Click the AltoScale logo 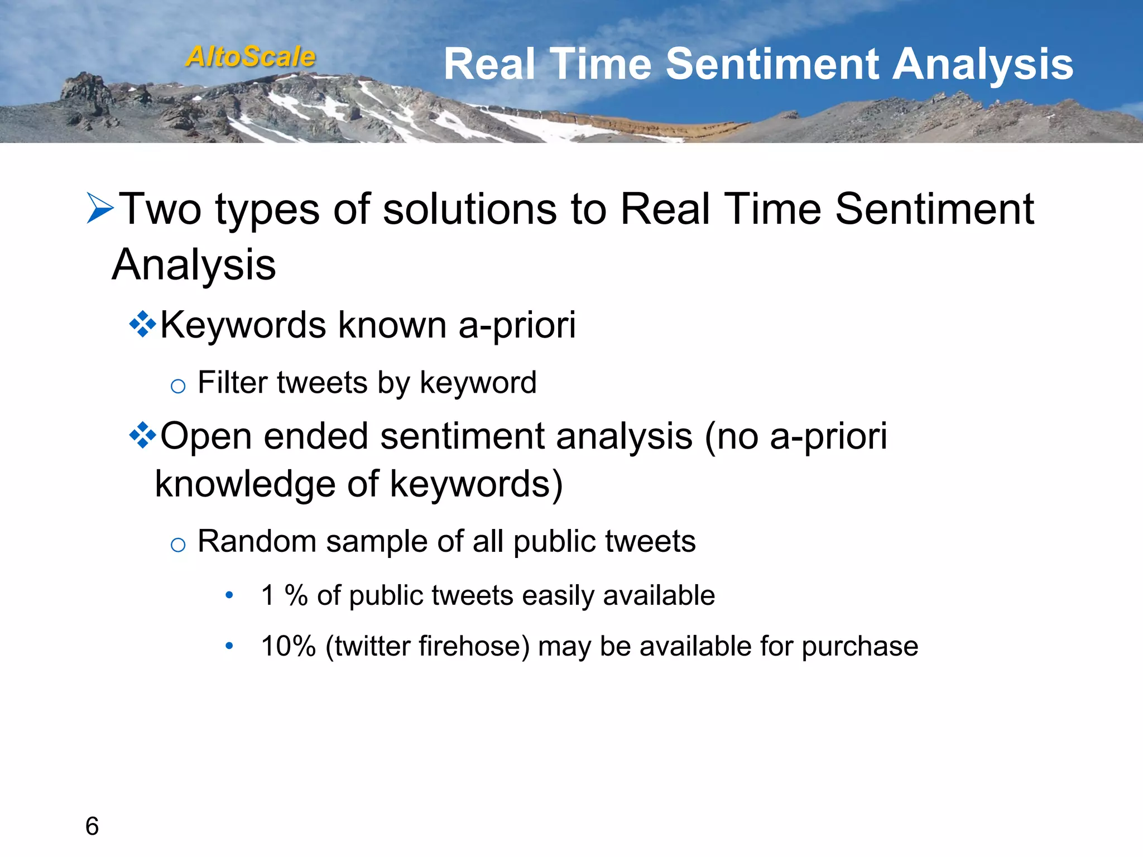pyautogui.click(x=251, y=57)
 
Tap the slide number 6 pyautogui.click(x=92, y=826)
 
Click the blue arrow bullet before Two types pyautogui.click(x=100, y=208)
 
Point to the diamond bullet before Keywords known pyautogui.click(x=142, y=324)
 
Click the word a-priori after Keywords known pyautogui.click(x=517, y=325)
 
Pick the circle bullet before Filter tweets pyautogui.click(x=177, y=386)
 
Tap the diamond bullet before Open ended pyautogui.click(x=142, y=435)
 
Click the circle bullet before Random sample pyautogui.click(x=177, y=545)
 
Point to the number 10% pyautogui.click(x=288, y=646)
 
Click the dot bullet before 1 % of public pyautogui.click(x=229, y=595)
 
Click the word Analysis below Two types pyautogui.click(x=194, y=265)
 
